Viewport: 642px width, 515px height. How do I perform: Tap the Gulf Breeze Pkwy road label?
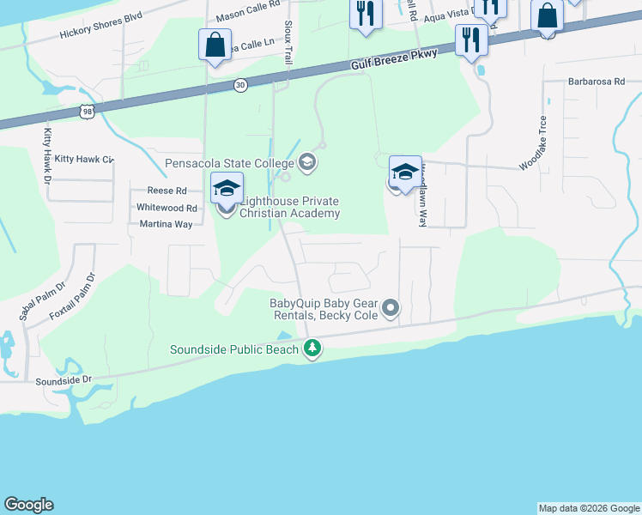pos(394,60)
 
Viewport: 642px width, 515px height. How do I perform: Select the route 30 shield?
pos(240,84)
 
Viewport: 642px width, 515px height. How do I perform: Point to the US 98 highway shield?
pos(85,112)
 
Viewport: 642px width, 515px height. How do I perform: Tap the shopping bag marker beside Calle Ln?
pos(215,45)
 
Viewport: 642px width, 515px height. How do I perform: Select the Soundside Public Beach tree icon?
pos(313,348)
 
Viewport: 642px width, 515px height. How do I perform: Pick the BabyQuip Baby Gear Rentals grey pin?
pos(391,307)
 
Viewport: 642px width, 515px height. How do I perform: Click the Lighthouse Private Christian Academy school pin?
pos(227,190)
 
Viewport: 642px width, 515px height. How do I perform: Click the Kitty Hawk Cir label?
pos(83,160)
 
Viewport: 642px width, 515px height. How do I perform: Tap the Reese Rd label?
pos(167,191)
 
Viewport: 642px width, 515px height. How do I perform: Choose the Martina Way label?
pos(166,224)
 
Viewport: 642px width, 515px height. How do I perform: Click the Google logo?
pos(29,505)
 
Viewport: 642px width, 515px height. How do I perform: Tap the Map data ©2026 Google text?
pos(589,508)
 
